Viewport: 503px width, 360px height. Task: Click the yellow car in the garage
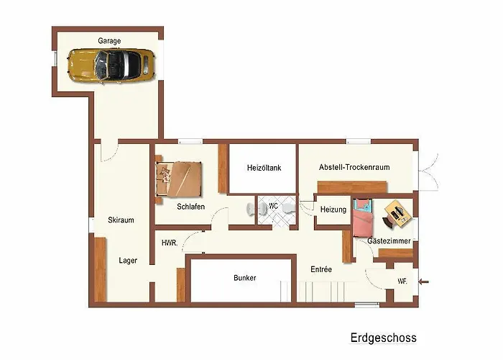tap(111, 66)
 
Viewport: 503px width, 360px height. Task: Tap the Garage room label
tap(109, 41)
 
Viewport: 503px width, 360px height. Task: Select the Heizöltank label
tap(264, 168)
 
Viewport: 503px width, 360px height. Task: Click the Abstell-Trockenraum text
tap(354, 167)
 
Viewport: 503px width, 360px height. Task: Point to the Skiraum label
tap(121, 220)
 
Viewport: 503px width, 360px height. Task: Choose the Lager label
tap(128, 261)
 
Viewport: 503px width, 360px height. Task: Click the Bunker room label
tap(245, 278)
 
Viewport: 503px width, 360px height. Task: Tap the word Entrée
tap(321, 269)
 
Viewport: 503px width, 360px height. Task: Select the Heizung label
tap(333, 210)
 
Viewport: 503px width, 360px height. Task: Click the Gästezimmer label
tap(389, 240)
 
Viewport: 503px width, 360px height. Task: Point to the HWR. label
tap(170, 243)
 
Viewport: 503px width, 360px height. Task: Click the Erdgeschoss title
tap(383, 338)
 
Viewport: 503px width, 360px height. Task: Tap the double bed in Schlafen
tap(179, 179)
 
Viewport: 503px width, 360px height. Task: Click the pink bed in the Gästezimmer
tap(363, 218)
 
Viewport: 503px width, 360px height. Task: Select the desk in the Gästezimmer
tap(397, 213)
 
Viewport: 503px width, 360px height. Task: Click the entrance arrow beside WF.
tap(424, 282)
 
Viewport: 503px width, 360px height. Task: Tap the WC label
tap(273, 206)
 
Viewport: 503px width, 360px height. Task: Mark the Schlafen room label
tap(191, 207)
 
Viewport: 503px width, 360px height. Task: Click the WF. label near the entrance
tap(402, 282)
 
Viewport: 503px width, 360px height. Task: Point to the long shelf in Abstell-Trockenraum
tap(352, 187)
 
